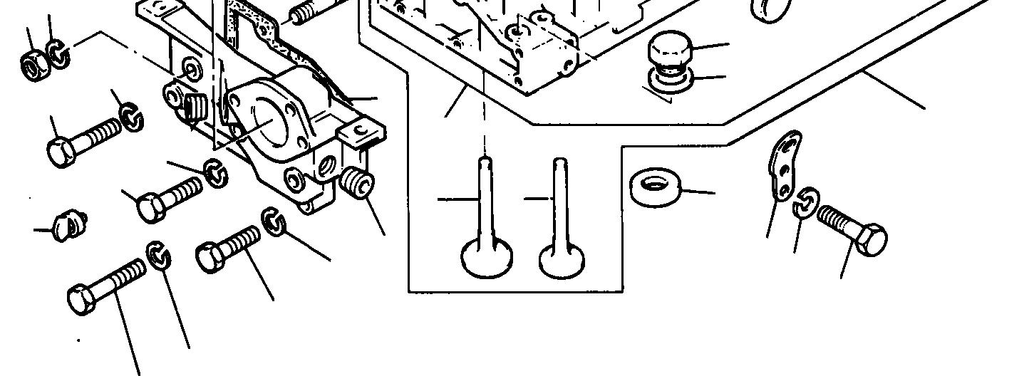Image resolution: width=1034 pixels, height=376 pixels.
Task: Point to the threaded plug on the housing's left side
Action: click(192, 110)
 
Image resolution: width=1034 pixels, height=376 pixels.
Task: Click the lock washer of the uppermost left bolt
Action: click(130, 117)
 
